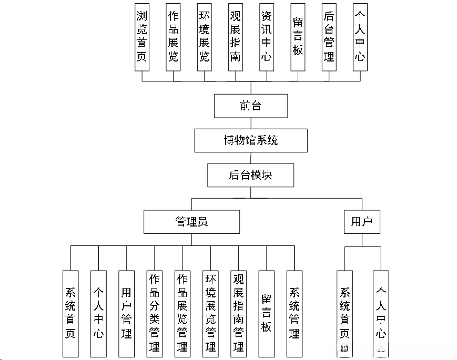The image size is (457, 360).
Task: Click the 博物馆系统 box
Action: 250,140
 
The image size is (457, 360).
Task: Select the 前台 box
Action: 250,106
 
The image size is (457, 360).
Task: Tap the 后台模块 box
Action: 250,175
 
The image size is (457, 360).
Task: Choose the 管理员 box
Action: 191,222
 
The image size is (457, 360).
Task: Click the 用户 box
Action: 361,222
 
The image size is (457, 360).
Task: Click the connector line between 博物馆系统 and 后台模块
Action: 251,158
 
